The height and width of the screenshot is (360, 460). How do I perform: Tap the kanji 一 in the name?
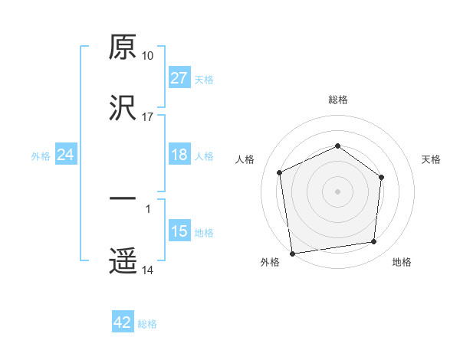coord(123,199)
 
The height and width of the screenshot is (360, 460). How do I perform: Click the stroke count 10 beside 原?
coord(148,56)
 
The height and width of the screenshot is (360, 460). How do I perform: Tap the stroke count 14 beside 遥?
coord(148,270)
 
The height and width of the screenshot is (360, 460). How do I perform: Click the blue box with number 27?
coord(179,78)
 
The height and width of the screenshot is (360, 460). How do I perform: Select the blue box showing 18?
coord(179,155)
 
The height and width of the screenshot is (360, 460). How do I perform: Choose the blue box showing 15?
coord(179,231)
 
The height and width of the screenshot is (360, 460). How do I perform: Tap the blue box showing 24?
coord(66,155)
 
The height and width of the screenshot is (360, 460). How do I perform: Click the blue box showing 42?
coord(123,323)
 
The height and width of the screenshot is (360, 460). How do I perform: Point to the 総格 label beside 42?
coord(147,324)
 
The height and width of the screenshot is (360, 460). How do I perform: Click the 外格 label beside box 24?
coord(41,156)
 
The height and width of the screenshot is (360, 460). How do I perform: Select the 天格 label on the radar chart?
coord(431,159)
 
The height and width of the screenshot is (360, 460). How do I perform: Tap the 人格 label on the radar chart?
coord(245,159)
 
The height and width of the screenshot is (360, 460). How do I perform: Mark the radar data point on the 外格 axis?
coord(292,253)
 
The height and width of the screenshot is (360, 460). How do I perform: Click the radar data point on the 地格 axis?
coord(374,242)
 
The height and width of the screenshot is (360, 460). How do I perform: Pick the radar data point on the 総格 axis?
coord(337,146)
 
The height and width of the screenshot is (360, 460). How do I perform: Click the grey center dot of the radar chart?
coord(337,191)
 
